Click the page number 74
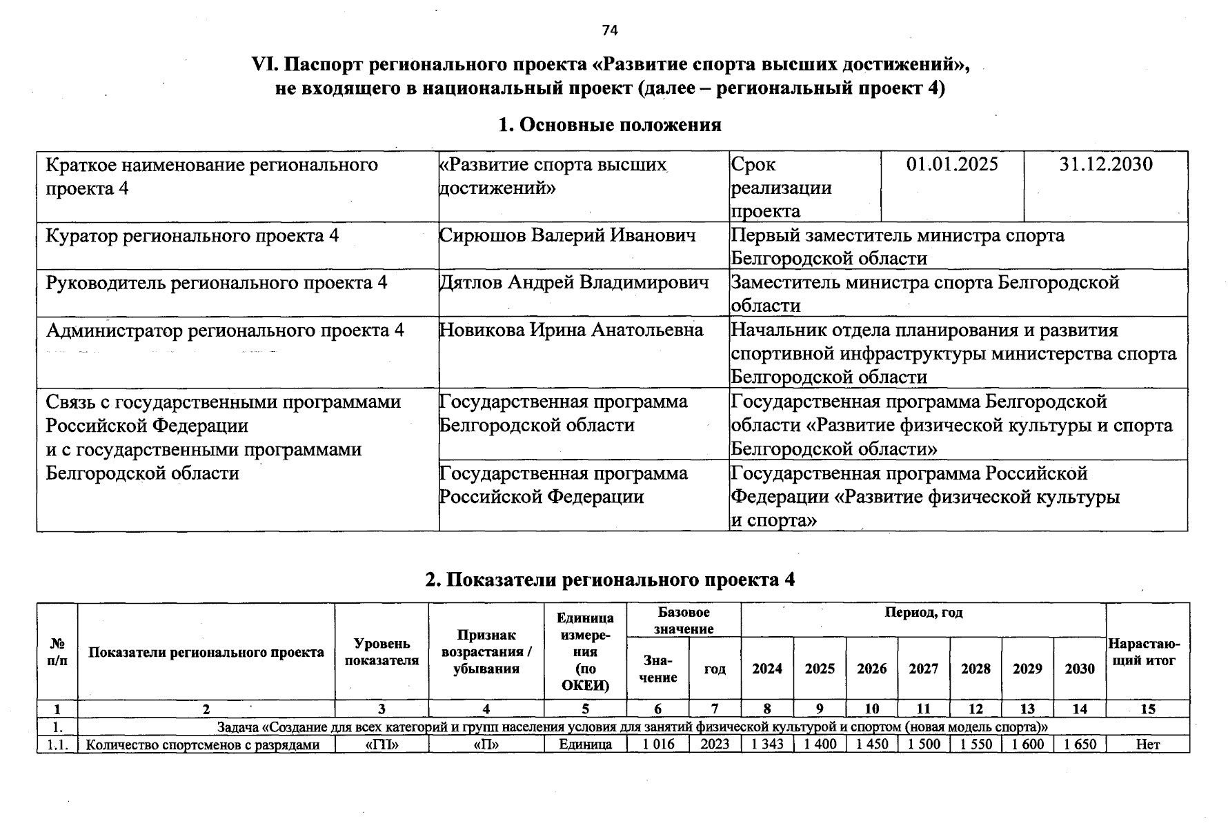(610, 30)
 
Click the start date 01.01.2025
(952, 164)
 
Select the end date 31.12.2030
(1106, 164)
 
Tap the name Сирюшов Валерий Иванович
(568, 235)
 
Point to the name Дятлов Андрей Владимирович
(574, 282)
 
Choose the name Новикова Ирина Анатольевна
(571, 330)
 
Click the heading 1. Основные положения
(610, 124)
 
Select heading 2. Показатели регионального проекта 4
(610, 580)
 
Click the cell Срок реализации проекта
(781, 187)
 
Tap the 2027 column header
(923, 669)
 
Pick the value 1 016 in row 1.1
(657, 745)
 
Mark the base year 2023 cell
(715, 745)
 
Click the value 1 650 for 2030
(1080, 745)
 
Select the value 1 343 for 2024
(767, 745)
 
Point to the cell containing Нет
(1147, 745)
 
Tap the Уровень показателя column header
(382, 652)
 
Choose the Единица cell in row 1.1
(585, 745)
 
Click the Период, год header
(923, 613)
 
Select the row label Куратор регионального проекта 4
(192, 235)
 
